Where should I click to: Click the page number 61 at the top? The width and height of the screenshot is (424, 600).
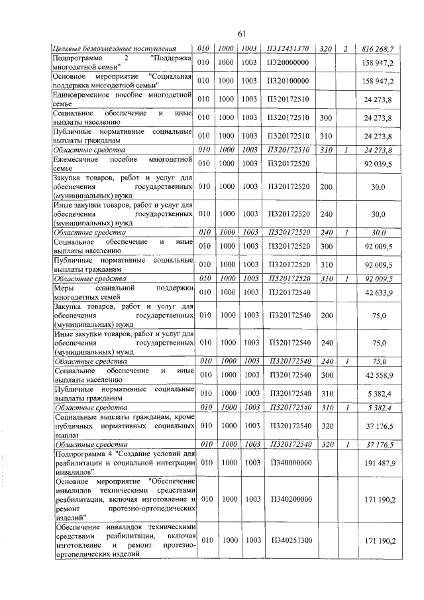pos(241,34)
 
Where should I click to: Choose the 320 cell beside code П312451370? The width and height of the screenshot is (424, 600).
pos(325,49)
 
